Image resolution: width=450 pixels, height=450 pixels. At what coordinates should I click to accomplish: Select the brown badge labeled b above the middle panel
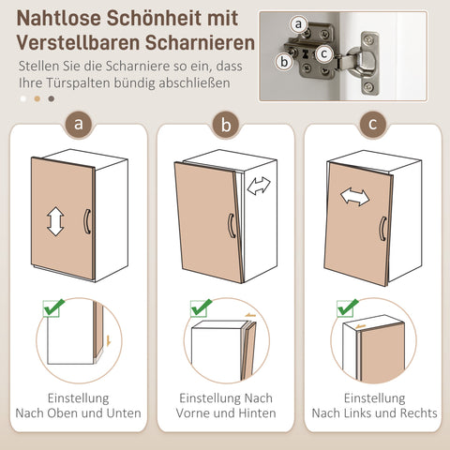tap(225, 124)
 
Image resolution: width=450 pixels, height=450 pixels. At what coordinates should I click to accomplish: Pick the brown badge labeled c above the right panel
tap(372, 124)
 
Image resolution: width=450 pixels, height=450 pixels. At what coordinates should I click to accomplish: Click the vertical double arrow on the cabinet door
tap(55, 221)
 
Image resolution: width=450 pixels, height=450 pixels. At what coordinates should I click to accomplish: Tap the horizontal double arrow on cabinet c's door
tap(353, 197)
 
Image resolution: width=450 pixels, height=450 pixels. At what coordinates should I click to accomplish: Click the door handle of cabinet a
tap(86, 221)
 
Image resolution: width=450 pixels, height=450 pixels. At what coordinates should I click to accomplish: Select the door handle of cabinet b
tap(231, 227)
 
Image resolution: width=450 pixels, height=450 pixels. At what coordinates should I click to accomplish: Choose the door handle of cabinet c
tap(382, 230)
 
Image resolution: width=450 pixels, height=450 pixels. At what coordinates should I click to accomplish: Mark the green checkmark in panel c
tap(348, 307)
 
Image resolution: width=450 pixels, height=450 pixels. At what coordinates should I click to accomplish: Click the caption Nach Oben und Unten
tap(78, 413)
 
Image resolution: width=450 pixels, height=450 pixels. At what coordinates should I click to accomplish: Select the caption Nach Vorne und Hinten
tap(225, 413)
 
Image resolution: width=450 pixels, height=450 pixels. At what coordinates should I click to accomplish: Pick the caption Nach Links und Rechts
tap(374, 413)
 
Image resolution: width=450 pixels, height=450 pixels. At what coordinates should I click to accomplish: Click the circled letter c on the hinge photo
tap(322, 54)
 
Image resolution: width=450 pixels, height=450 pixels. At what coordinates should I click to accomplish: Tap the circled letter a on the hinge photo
tap(298, 23)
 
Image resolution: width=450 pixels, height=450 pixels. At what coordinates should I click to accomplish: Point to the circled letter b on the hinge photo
tap(283, 63)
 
